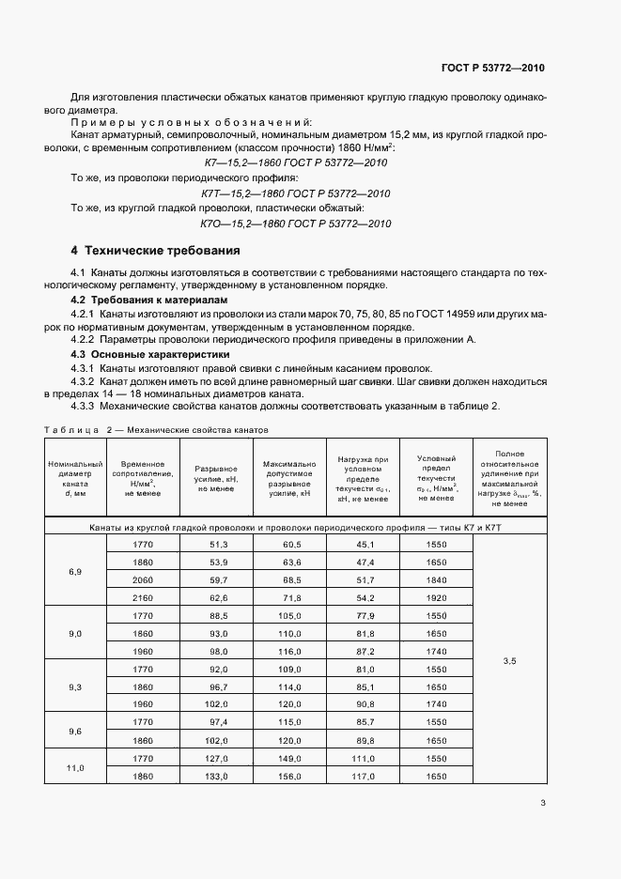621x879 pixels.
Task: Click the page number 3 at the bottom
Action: (543, 802)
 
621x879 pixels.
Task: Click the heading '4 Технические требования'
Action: (155, 251)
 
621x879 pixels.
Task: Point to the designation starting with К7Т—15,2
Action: (296, 193)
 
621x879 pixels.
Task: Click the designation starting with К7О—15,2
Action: (296, 224)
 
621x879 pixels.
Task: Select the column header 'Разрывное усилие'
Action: (216, 475)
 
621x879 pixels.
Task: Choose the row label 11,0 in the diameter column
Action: (76, 767)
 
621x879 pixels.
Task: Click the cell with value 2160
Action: (143, 597)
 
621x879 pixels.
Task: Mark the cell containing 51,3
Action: (219, 545)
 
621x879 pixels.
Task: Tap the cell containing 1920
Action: (435, 597)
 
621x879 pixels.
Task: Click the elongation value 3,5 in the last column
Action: (510, 661)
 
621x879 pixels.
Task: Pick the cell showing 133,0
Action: (219, 776)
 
